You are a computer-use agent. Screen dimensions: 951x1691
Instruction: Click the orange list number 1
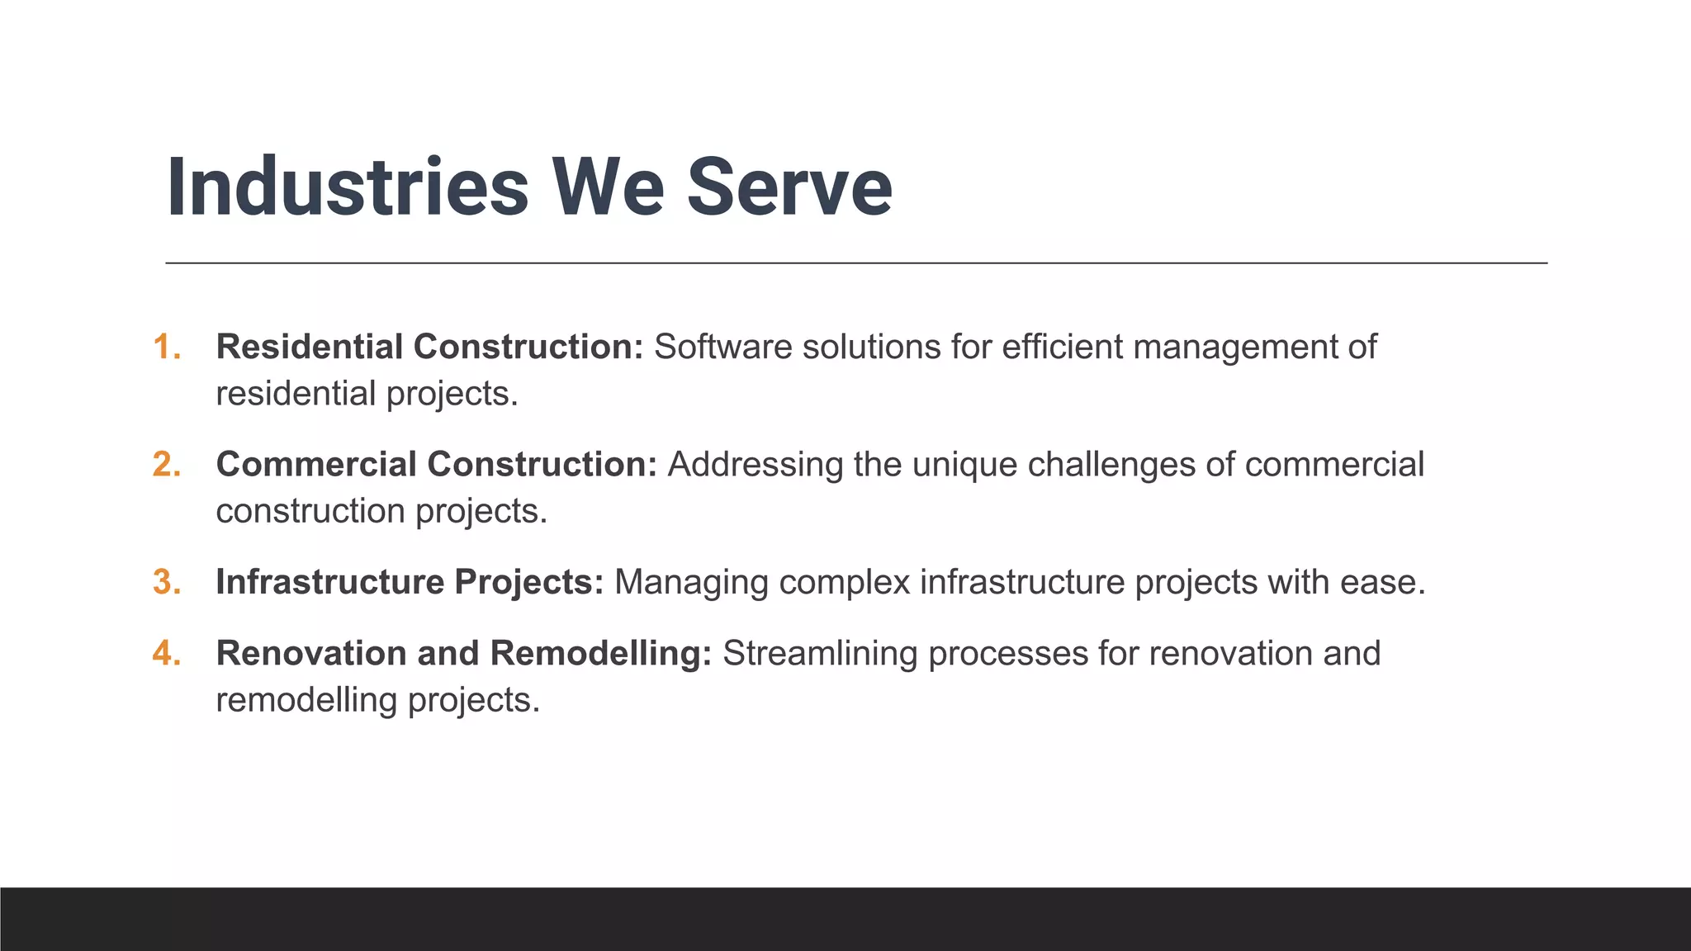pyautogui.click(x=166, y=347)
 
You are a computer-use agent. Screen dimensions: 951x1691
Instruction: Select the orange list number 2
pyautogui.click(x=166, y=464)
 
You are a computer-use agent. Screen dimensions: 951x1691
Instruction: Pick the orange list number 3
pyautogui.click(x=166, y=582)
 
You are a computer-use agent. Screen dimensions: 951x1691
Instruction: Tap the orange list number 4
pyautogui.click(x=166, y=653)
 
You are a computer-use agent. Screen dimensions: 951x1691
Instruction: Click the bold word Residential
pyautogui.click(x=310, y=347)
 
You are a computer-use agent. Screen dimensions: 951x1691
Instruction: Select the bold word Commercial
pyautogui.click(x=316, y=464)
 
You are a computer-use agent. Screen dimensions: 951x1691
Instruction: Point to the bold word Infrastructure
pyautogui.click(x=329, y=582)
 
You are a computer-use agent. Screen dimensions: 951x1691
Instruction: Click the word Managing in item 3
pyautogui.click(x=691, y=582)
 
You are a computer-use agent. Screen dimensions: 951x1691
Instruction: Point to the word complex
pyautogui.click(x=844, y=582)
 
